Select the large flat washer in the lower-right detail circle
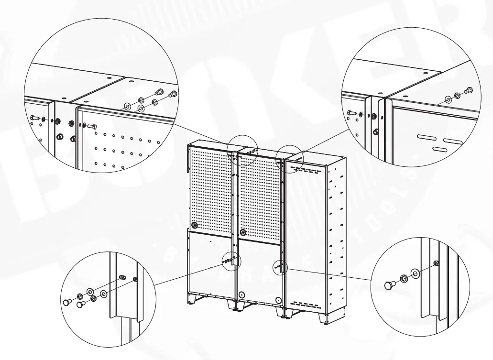(x=415, y=273)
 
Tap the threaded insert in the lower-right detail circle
(x=436, y=263)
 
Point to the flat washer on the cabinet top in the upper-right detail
(x=448, y=99)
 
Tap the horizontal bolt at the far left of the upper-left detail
(x=34, y=117)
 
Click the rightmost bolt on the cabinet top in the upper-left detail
(x=173, y=94)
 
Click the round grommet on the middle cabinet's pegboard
(x=243, y=233)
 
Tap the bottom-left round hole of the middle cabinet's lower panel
(x=242, y=295)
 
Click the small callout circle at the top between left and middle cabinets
(x=242, y=148)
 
